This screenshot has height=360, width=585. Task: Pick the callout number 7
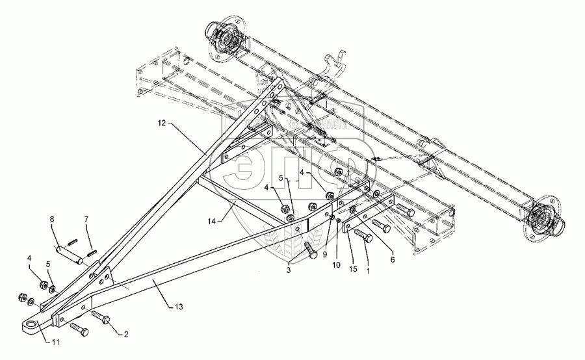point(86,220)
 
